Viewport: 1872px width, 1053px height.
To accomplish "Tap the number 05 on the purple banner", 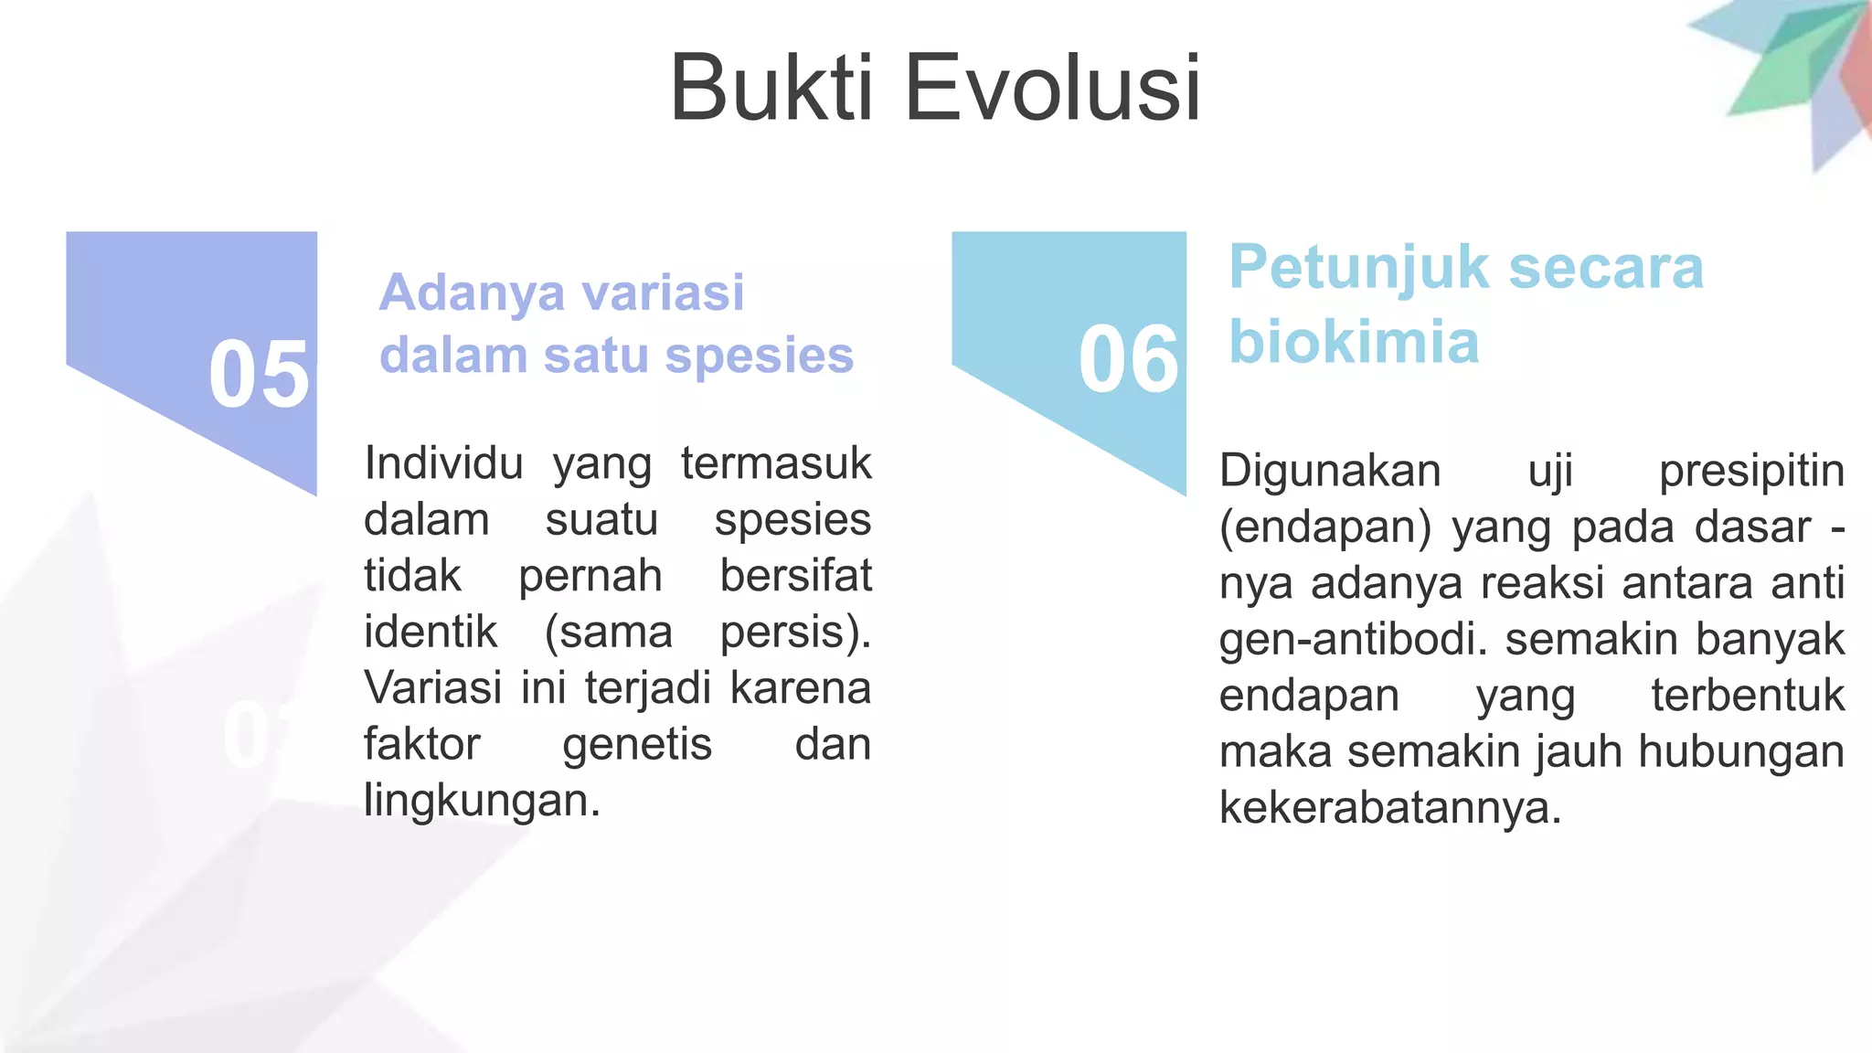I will tap(259, 374).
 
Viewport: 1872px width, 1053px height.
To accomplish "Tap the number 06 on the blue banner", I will tap(1129, 359).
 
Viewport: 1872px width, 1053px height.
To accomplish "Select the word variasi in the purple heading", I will tap(663, 292).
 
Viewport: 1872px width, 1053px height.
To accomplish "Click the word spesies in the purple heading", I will tap(759, 355).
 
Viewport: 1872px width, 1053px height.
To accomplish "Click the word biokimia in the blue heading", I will tap(1353, 342).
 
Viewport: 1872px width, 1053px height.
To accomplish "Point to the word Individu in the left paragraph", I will tap(443, 463).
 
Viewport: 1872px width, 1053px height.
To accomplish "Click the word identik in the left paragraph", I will tap(431, 632).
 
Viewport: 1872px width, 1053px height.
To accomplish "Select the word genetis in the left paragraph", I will tap(637, 744).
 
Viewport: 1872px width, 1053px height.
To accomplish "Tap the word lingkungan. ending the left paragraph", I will tap(482, 801).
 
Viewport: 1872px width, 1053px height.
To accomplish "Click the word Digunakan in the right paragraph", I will tap(1330, 472).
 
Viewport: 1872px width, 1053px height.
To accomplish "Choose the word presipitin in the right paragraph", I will tap(1751, 472).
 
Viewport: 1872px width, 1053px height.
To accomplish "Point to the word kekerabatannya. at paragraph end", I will tap(1390, 808).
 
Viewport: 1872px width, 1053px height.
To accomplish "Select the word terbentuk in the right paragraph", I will tap(1748, 696).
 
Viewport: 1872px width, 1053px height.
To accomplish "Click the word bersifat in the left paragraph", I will tap(795, 576).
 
